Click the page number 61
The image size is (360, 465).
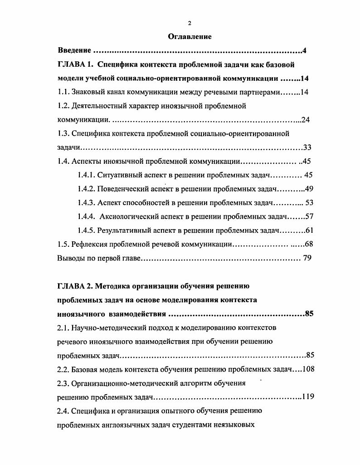coord(310,230)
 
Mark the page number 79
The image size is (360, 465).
coord(306,258)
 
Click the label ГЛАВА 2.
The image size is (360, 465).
coord(76,286)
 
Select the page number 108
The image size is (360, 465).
coord(308,369)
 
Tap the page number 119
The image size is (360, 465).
coord(308,397)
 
